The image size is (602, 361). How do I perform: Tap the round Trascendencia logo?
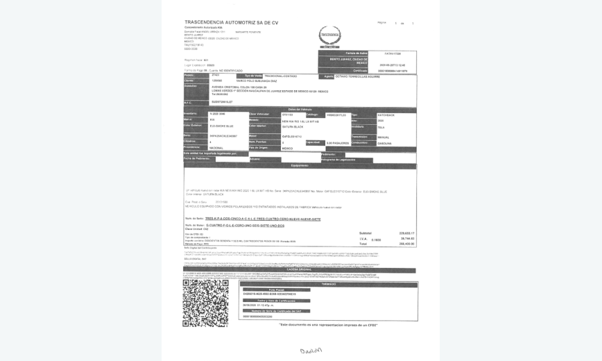pyautogui.click(x=329, y=35)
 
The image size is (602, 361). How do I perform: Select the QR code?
pyautogui.click(x=205, y=303)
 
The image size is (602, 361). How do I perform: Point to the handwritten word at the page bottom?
pyautogui.click(x=311, y=350)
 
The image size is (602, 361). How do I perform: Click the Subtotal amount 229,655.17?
pyautogui.click(x=406, y=233)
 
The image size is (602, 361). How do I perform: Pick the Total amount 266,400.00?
pyautogui.click(x=406, y=244)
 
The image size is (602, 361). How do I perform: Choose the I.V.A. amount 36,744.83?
pyautogui.click(x=406, y=239)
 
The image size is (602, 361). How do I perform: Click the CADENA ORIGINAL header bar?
pyautogui.click(x=300, y=269)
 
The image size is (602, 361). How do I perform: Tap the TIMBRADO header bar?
pyautogui.click(x=328, y=284)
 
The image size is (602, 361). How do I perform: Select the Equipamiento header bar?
pyautogui.click(x=300, y=165)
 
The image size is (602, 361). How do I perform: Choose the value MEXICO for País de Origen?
pyautogui.click(x=287, y=148)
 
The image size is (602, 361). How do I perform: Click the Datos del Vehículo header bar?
pyautogui.click(x=300, y=109)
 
